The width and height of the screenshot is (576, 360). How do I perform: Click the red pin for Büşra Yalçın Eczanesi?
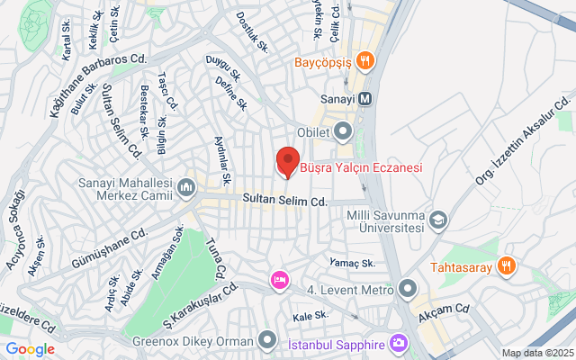click(x=286, y=160)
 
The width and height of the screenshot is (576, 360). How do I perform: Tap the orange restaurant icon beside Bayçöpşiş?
click(x=364, y=61)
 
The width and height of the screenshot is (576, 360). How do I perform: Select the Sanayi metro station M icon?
click(x=364, y=99)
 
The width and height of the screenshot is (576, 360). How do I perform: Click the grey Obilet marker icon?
click(x=343, y=133)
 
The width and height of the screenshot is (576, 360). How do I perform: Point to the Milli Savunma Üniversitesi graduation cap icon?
click(x=438, y=219)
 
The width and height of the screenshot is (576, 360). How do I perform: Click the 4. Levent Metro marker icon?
click(x=408, y=290)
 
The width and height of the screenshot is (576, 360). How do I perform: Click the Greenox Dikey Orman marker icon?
click(x=266, y=340)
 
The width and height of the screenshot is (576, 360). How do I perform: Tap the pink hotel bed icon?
click(x=280, y=281)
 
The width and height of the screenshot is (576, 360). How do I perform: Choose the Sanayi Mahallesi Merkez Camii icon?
click(x=186, y=186)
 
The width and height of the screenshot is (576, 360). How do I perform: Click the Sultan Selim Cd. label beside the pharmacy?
click(x=284, y=201)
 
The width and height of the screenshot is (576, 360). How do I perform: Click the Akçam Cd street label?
click(x=451, y=310)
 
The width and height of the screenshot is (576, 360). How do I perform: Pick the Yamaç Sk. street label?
click(x=352, y=264)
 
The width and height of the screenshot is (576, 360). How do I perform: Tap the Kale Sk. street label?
click(x=310, y=317)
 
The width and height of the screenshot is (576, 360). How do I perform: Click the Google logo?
click(x=30, y=349)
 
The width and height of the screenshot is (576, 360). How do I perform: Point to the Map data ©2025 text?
click(x=536, y=353)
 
